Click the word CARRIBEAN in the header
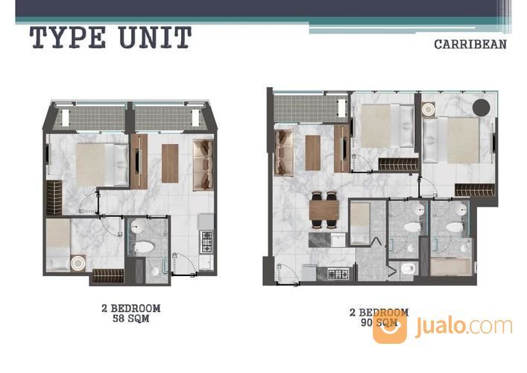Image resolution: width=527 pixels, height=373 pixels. [x=470, y=45]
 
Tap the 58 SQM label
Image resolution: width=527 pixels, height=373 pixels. [x=130, y=319]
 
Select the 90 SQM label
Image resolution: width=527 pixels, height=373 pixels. [x=379, y=322]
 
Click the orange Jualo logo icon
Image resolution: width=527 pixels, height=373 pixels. [x=390, y=326]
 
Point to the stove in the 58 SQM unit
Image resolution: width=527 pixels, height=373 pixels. [x=206, y=242]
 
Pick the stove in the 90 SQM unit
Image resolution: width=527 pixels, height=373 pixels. [x=338, y=275]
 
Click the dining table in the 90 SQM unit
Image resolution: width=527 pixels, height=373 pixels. [x=324, y=210]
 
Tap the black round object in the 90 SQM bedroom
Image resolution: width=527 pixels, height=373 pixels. [x=482, y=107]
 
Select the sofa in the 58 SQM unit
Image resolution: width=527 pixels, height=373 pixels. [x=203, y=165]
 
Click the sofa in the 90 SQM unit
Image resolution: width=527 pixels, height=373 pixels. [x=284, y=153]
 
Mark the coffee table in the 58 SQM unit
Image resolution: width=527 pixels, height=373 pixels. [x=170, y=163]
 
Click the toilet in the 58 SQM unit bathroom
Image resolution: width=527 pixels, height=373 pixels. [x=144, y=247]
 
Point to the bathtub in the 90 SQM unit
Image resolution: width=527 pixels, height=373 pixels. [x=451, y=267]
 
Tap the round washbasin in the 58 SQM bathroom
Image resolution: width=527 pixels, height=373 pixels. [x=137, y=227]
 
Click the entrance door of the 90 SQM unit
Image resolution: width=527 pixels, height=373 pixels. [x=287, y=275]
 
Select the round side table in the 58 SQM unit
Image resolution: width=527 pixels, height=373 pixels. [x=78, y=263]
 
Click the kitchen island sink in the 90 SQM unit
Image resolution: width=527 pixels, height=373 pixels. [x=338, y=240]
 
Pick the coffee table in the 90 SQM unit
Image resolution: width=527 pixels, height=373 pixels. [x=312, y=153]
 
